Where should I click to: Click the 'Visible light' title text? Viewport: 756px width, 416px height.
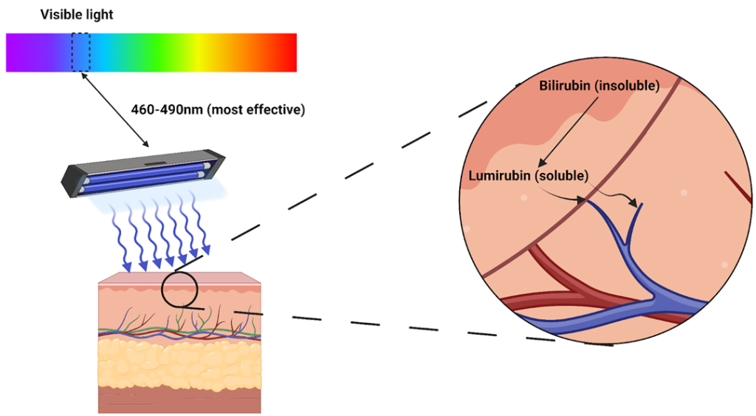click(77, 15)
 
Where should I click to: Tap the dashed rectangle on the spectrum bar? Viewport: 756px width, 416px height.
click(81, 52)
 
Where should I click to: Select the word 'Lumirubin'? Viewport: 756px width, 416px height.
click(501, 177)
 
